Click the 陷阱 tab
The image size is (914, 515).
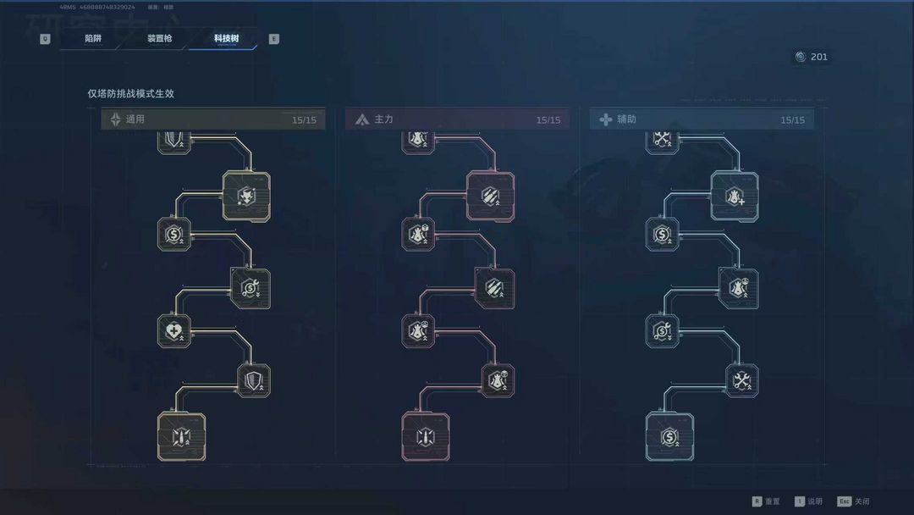tap(93, 39)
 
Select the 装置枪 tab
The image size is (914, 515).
tap(159, 39)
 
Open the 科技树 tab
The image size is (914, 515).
tap(226, 39)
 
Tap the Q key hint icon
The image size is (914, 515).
tap(45, 39)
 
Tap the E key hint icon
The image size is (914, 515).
tap(273, 39)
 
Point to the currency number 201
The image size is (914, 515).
tap(818, 57)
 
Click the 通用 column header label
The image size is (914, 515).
tap(135, 119)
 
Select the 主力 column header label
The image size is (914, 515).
tap(383, 119)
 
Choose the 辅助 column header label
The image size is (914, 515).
tap(626, 119)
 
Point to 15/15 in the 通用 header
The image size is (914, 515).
tap(304, 120)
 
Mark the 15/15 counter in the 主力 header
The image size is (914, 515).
tap(548, 120)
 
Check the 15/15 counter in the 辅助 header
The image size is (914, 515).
tap(793, 120)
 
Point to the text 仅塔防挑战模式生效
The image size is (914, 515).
tap(130, 94)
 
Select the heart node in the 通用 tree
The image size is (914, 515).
tap(174, 329)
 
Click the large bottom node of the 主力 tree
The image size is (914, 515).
tap(425, 437)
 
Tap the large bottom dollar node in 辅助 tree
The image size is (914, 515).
tap(669, 437)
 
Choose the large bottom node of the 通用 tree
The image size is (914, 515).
tap(181, 437)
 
